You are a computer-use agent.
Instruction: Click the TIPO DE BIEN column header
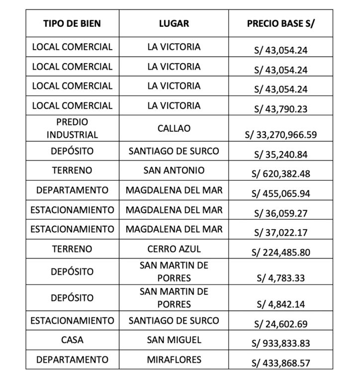[72, 23]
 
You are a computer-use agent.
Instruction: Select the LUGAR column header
[174, 23]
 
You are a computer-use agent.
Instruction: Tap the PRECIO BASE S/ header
[280, 23]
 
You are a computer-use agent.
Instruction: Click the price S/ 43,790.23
[280, 109]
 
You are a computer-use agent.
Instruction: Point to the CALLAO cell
[174, 128]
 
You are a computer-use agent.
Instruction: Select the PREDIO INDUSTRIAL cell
[72, 128]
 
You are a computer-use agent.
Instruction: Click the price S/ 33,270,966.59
[280, 134]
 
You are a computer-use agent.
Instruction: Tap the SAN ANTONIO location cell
[174, 170]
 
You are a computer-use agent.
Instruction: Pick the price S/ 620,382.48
[280, 174]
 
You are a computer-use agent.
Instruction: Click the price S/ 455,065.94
[280, 193]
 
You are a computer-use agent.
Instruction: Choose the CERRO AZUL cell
[174, 249]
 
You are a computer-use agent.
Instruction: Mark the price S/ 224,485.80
[280, 252]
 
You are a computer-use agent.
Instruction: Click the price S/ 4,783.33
[280, 278]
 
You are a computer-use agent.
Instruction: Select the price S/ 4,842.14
[280, 304]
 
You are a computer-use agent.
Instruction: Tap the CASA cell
[72, 340]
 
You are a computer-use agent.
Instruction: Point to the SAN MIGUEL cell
[174, 340]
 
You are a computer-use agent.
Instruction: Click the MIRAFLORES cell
[174, 359]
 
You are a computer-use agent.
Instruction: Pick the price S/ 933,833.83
[280, 344]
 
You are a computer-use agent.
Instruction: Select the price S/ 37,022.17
[280, 233]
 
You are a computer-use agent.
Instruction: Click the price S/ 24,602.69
[280, 324]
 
